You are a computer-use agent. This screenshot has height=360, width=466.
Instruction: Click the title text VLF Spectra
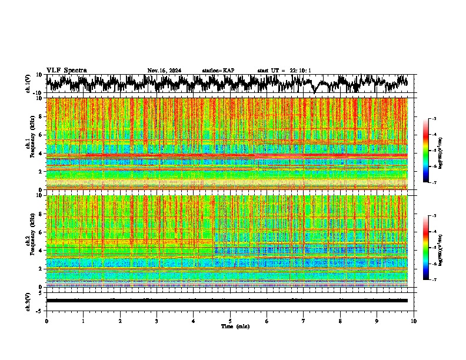[66, 71]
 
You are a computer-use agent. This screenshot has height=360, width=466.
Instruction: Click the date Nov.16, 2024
[164, 71]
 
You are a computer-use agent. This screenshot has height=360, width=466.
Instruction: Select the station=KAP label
[218, 71]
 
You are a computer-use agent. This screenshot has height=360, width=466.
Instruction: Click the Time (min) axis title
[235, 326]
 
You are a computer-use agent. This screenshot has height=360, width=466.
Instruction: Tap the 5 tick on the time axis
[230, 321]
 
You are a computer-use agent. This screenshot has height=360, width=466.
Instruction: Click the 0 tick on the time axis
[46, 321]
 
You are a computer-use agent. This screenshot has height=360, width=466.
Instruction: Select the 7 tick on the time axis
[304, 321]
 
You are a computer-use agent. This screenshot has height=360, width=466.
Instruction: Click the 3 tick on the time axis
[157, 321]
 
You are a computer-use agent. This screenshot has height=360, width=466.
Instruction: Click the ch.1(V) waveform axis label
[36, 84]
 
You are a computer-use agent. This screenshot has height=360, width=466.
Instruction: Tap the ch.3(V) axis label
[36, 301]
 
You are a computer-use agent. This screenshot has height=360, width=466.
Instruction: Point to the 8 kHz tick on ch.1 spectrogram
[42, 116]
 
